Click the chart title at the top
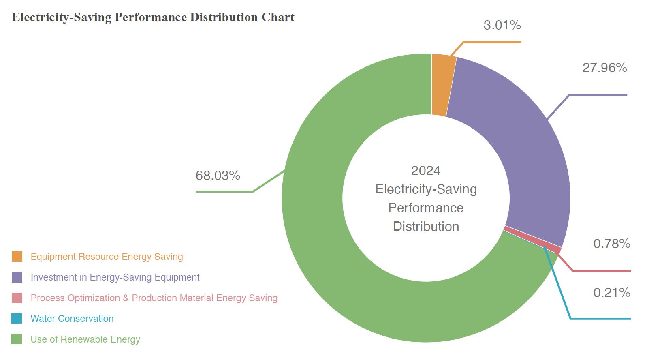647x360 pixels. [x=153, y=17]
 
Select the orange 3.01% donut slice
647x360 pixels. [x=443, y=85]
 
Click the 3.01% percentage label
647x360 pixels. [x=502, y=26]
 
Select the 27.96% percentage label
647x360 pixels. [x=604, y=68]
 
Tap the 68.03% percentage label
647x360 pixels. [x=218, y=176]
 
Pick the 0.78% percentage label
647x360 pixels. [x=612, y=244]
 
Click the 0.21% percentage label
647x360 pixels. [x=612, y=293]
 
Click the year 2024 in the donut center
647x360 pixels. [x=426, y=171]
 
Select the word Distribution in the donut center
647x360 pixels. [x=426, y=227]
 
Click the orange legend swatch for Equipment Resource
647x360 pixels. [x=17, y=257]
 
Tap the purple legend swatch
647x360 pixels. [x=17, y=277]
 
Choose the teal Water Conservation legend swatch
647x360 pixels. [x=17, y=318]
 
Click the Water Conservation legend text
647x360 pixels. [x=72, y=319]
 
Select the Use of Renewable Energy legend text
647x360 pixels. [x=85, y=339]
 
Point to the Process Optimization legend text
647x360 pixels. [x=154, y=298]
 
